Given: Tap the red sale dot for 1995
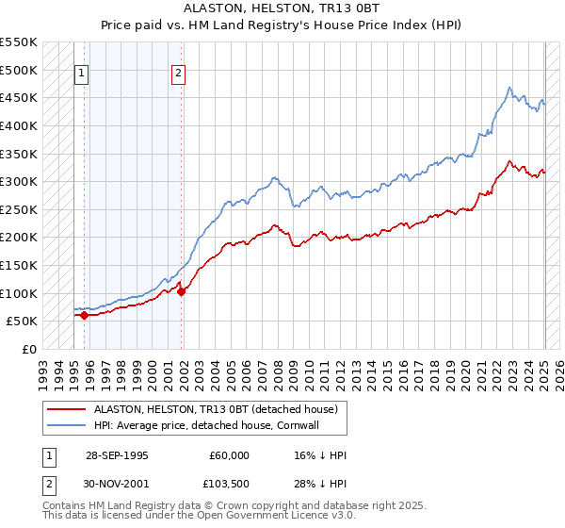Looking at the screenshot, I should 85,315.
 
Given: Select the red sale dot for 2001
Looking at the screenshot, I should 182,291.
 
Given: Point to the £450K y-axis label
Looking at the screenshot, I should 19,97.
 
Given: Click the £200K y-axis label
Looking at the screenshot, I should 19,237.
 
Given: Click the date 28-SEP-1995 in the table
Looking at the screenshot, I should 117,455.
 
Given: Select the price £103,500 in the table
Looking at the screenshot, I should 229,485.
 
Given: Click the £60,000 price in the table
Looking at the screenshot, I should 229,455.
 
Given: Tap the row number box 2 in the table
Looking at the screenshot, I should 49,485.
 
